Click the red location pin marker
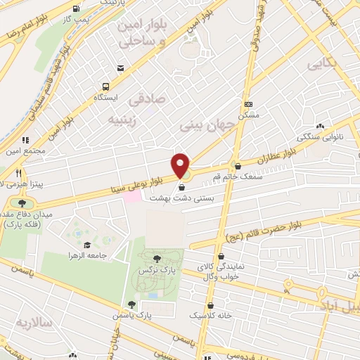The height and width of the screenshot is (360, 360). coord(181,166)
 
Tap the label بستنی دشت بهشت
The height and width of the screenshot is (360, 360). coord(179,199)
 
